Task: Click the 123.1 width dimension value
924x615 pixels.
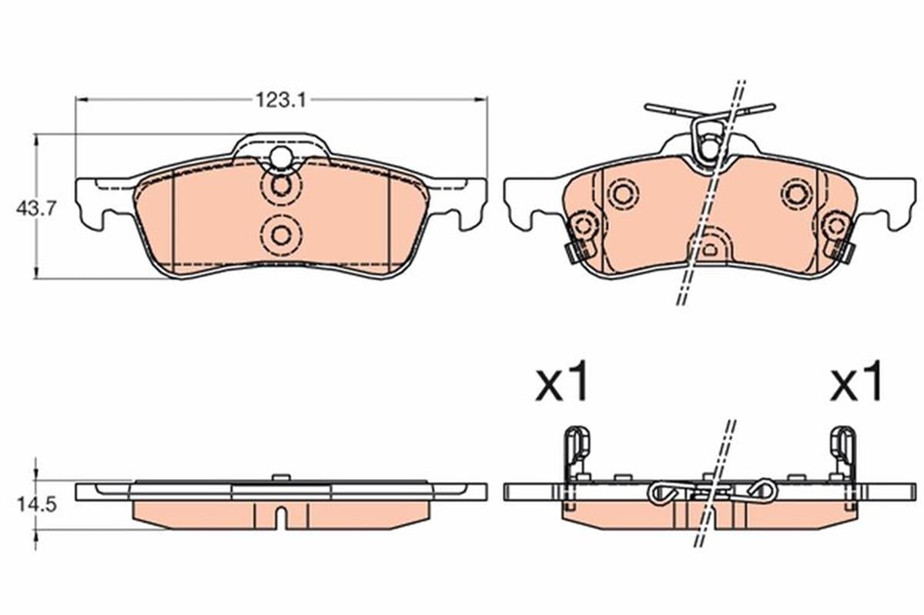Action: [x=281, y=100]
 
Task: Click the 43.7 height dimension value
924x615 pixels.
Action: [x=35, y=209]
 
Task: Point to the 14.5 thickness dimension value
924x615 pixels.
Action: [x=36, y=505]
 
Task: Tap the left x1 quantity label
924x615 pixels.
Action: [x=561, y=382]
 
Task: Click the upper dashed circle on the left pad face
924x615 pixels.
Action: [x=281, y=186]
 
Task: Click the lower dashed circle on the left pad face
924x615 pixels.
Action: [x=281, y=236]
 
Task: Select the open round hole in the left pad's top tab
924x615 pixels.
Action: [x=280, y=158]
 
